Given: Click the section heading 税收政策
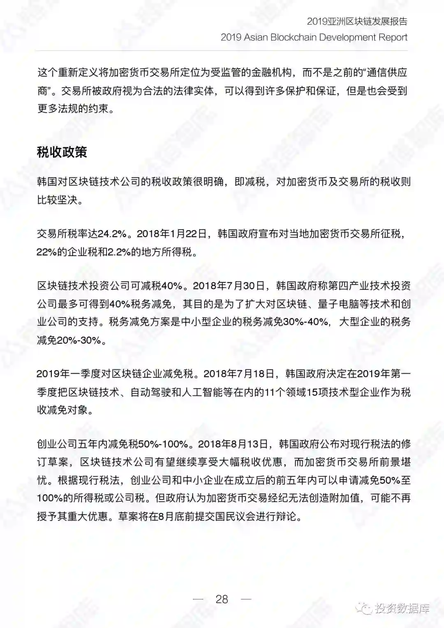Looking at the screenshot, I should coord(62,152).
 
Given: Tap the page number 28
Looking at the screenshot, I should coord(222,599).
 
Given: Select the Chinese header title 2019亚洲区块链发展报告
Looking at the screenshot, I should coord(357,21).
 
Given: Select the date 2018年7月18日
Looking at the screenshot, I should coord(238,374).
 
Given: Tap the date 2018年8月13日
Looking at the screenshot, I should coord(233,444).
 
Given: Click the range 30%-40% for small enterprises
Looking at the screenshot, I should coord(306,322).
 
